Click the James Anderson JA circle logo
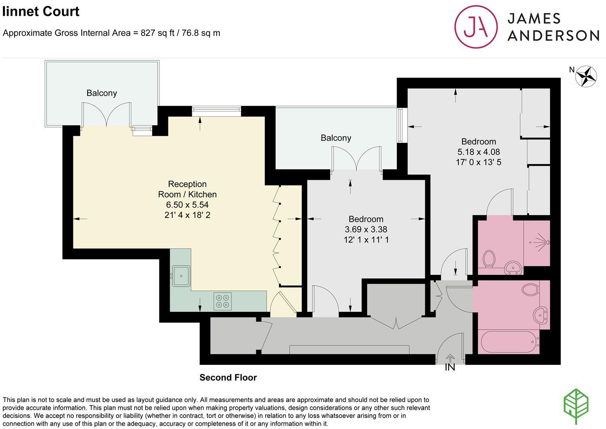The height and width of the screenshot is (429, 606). [476, 27]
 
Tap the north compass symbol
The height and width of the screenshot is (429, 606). [586, 76]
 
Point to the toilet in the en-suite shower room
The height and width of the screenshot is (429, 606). [489, 259]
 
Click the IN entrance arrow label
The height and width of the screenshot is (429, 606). [450, 367]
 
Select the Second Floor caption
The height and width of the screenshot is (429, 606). [228, 378]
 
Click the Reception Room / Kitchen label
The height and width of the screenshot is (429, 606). [187, 189]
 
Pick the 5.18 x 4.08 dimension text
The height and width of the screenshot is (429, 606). [479, 152]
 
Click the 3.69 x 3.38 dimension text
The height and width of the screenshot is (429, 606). [366, 230]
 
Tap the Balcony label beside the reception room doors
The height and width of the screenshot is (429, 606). [102, 93]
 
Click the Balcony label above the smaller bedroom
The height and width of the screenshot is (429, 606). [336, 138]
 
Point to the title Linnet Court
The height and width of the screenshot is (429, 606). [41, 11]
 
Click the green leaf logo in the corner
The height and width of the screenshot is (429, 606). [576, 407]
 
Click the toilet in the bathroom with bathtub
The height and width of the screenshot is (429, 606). [531, 289]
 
